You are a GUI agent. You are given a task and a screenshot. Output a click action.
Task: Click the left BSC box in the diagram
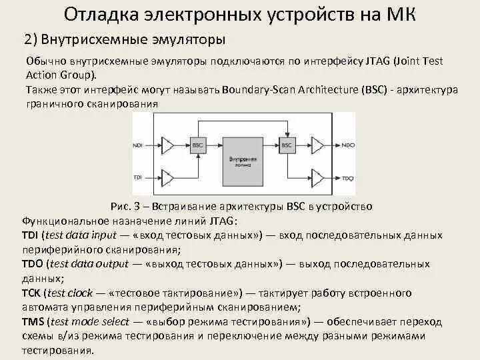tap(197, 144)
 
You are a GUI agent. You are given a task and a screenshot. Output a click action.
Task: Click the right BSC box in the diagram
tap(287, 144)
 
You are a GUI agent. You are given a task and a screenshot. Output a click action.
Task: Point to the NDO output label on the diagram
tap(347, 145)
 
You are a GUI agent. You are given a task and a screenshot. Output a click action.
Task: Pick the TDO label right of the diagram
tap(347, 177)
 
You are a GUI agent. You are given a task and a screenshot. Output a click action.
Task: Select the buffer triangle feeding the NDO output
tap(319, 145)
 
